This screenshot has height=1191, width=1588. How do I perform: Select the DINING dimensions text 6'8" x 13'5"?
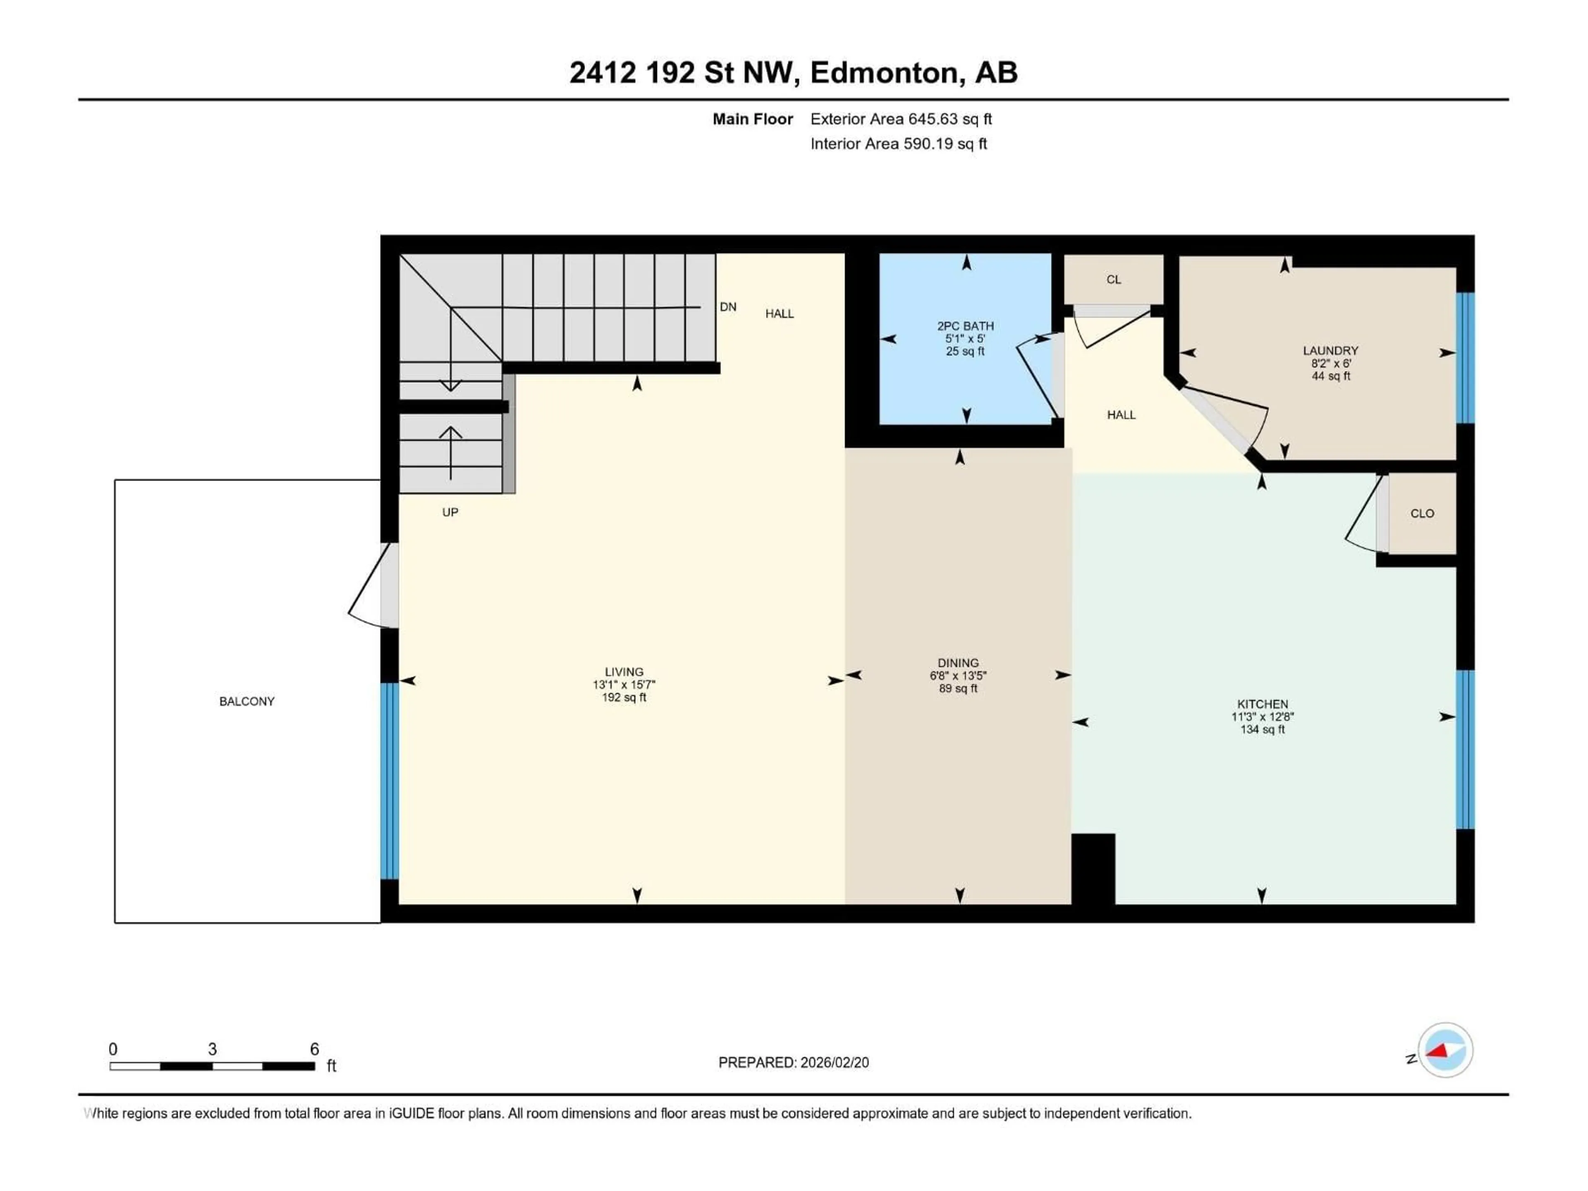[958, 676]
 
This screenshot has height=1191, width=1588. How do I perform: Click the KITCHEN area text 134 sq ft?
[1262, 729]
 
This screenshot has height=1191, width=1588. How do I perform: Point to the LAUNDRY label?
[1330, 350]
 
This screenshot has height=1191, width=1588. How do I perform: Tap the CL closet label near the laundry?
[1114, 279]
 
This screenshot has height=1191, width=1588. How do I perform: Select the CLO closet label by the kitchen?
[1421, 513]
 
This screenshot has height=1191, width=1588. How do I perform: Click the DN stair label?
[728, 306]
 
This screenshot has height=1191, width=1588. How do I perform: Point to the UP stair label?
[450, 512]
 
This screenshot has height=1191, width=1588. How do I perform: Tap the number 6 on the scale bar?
[314, 1049]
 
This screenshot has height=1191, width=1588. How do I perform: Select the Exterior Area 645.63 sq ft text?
[901, 119]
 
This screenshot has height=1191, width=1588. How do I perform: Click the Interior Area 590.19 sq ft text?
[898, 143]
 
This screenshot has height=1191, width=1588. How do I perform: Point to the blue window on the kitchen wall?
[1464, 749]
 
